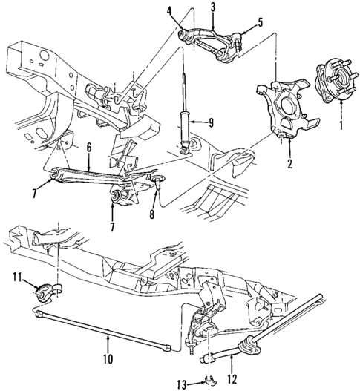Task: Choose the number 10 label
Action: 108,358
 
